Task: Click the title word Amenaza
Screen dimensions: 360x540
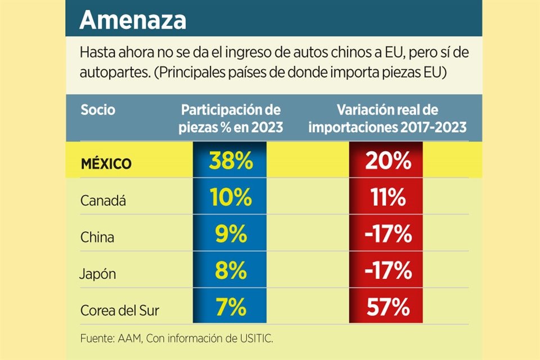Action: [x=133, y=20]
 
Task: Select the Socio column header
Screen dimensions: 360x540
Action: [x=98, y=110]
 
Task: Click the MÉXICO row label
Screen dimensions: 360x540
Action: [x=106, y=164]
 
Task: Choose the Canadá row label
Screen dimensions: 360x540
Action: [x=102, y=200]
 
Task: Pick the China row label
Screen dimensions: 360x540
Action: [x=97, y=237]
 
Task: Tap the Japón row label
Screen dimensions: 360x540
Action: [x=98, y=273]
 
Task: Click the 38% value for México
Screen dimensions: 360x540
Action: [x=231, y=162]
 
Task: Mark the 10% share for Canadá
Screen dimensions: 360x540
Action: [x=231, y=199]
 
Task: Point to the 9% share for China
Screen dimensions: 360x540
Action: [x=231, y=235]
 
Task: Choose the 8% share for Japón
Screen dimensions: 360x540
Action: [x=231, y=272]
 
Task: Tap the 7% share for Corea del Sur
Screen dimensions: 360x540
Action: [x=231, y=308]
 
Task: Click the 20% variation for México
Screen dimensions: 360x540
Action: [x=388, y=162]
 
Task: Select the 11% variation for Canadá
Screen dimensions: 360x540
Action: [x=388, y=199]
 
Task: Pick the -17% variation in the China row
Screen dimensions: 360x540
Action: [x=388, y=235]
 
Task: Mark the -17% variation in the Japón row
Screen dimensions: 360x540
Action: [x=388, y=272]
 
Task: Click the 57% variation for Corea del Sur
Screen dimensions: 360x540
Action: [x=388, y=308]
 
